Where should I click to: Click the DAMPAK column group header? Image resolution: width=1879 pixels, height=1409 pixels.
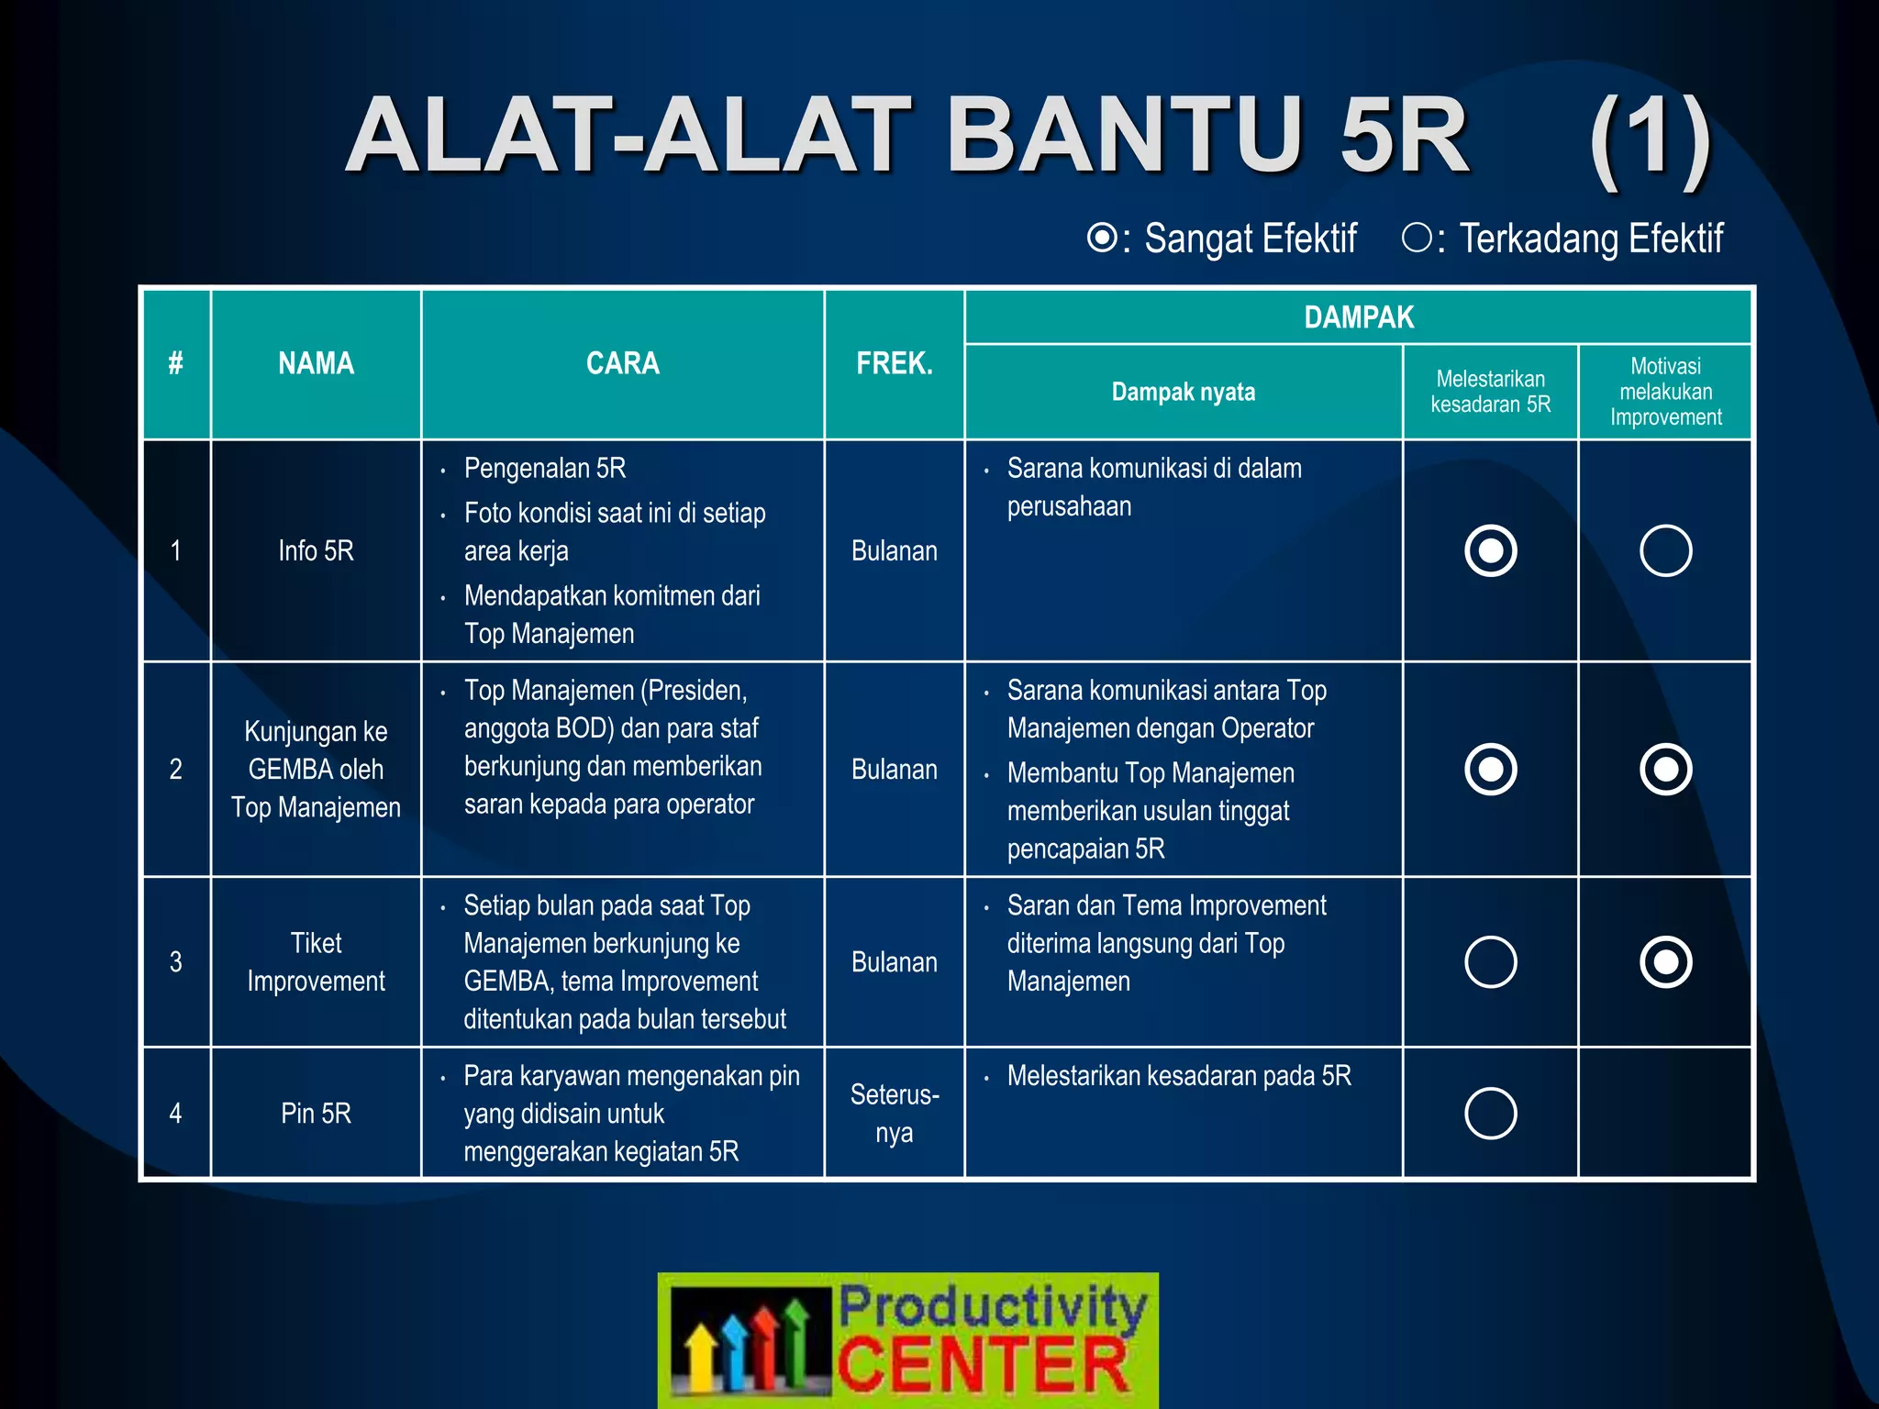point(1358,317)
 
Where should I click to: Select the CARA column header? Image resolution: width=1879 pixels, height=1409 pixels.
point(622,363)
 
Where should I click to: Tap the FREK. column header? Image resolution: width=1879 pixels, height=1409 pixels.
point(894,363)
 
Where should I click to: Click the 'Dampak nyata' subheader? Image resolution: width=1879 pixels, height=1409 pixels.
point(1183,392)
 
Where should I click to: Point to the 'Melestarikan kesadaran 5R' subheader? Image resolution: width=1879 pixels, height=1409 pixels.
point(1490,392)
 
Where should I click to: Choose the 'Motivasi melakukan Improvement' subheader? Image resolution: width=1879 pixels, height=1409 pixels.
point(1665,392)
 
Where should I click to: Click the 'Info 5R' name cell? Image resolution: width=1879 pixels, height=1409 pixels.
point(316,550)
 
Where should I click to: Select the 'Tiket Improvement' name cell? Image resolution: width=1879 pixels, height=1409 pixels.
point(316,961)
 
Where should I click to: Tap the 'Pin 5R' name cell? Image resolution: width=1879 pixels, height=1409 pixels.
point(316,1113)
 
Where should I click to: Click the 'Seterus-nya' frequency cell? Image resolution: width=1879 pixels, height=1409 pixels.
point(894,1113)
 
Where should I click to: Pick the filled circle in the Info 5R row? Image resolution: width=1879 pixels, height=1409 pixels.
point(1491,550)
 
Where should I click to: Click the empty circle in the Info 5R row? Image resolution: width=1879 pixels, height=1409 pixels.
point(1665,550)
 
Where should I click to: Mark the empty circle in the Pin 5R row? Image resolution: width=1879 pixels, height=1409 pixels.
point(1491,1113)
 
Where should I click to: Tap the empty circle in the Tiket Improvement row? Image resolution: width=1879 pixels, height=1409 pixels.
point(1491,961)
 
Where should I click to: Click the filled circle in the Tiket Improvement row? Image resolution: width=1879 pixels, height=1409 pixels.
point(1665,961)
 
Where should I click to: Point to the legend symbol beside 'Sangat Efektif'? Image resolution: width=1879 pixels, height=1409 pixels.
point(1102,238)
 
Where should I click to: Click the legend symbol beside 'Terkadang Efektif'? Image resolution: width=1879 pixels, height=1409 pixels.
point(1417,238)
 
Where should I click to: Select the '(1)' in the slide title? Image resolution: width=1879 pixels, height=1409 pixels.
point(1650,138)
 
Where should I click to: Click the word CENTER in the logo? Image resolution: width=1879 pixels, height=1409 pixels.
point(982,1364)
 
